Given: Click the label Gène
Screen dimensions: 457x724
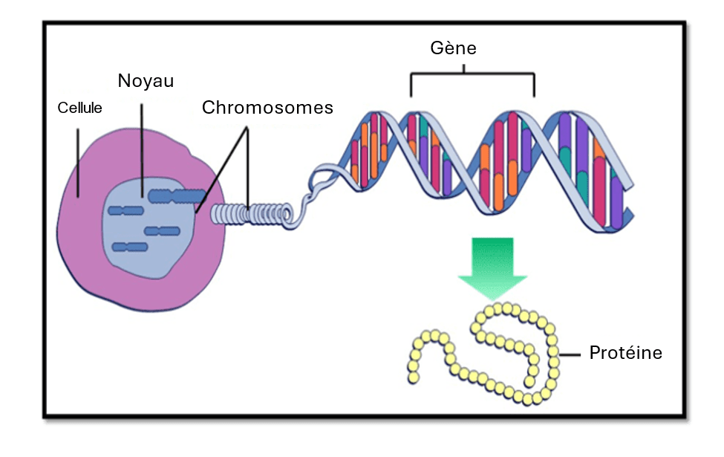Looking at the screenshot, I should point(453,49).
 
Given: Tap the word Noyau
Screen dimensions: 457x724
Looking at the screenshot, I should point(146,80).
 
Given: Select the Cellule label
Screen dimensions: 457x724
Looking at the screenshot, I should point(79,108).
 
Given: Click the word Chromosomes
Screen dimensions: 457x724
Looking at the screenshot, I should point(267,108).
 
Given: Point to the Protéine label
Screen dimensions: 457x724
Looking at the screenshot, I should point(625,352).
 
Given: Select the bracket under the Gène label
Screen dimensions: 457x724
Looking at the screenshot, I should point(472,75).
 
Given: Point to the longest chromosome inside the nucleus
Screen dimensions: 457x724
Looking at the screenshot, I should point(177,196).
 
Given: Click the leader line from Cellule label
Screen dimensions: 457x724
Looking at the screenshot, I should point(78,163).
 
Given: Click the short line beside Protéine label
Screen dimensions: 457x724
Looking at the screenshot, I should point(570,354).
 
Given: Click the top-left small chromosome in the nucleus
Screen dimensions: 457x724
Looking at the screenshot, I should point(125,210).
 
